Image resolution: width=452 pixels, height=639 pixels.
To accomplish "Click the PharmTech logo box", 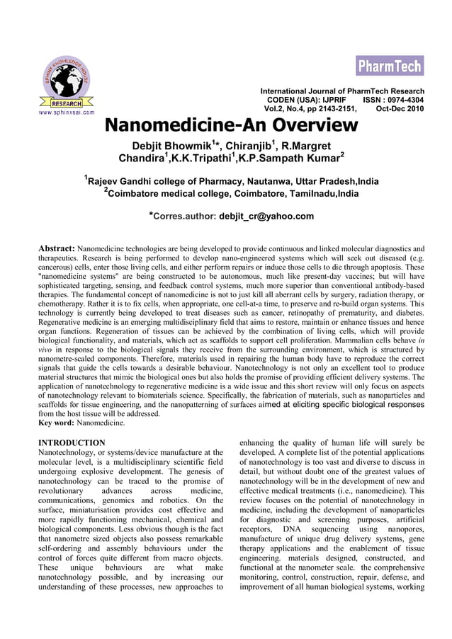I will click(x=389, y=66).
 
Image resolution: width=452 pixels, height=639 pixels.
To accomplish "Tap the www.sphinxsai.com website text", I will click(x=66, y=112).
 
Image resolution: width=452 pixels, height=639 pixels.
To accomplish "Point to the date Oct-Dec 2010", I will click(x=400, y=110).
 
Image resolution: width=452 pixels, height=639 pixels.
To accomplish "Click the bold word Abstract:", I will click(x=56, y=249).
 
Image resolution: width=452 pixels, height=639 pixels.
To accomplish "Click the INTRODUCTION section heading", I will click(x=72, y=442).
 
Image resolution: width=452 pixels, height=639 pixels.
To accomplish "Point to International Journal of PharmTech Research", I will click(x=342, y=91).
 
